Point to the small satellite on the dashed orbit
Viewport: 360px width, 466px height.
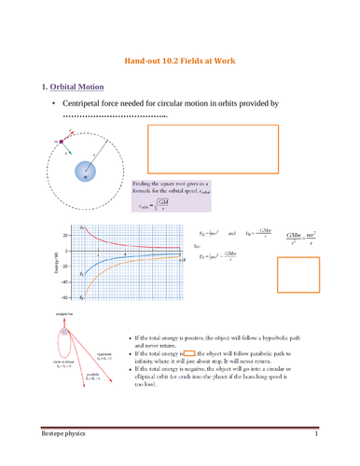62,142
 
